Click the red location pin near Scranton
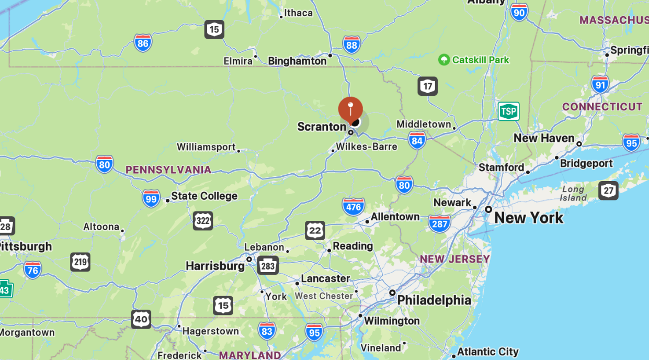[x=350, y=109]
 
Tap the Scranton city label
[x=322, y=127]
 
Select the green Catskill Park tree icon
[x=444, y=60]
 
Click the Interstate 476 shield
[x=354, y=207]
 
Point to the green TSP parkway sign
[x=508, y=111]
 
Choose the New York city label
[x=529, y=218]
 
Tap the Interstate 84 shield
[x=417, y=140]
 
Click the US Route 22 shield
[x=315, y=230]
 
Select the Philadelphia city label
[x=434, y=300]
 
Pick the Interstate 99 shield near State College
[x=151, y=198]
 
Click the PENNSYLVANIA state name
[x=168, y=170]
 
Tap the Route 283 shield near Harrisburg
[x=268, y=266]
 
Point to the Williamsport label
[x=206, y=147]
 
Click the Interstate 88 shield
[x=351, y=45]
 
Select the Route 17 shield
[x=427, y=86]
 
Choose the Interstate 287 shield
[x=439, y=223]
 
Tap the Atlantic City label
[x=488, y=352]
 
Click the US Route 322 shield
[x=202, y=221]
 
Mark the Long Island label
[x=574, y=193]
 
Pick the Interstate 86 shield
[x=143, y=43]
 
